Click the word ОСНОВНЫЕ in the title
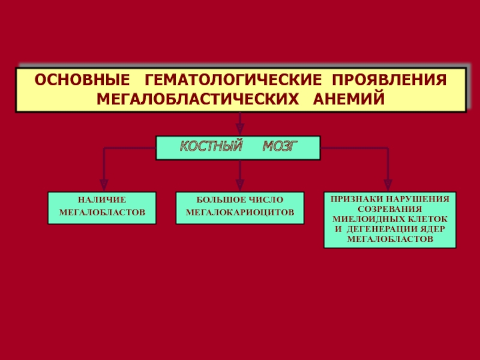[x=82, y=80]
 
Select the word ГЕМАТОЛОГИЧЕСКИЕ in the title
[x=233, y=80]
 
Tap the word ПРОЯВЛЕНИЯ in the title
[x=389, y=80]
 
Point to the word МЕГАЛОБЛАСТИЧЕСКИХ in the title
[x=198, y=99]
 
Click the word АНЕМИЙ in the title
[x=349, y=98]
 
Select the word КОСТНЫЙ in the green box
[x=211, y=146]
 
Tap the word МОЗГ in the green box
[x=280, y=146]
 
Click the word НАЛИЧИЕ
[x=102, y=200]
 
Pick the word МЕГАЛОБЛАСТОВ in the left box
[x=102, y=212]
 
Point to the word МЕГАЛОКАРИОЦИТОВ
[x=240, y=212]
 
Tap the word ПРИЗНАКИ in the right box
[x=356, y=199]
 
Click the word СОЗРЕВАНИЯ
[x=389, y=209]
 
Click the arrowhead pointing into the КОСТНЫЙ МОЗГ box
[x=240, y=129]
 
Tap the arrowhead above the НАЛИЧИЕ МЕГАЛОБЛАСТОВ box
[x=104, y=185]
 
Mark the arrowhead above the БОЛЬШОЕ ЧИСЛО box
[x=240, y=185]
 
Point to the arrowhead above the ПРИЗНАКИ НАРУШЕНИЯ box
[x=388, y=185]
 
